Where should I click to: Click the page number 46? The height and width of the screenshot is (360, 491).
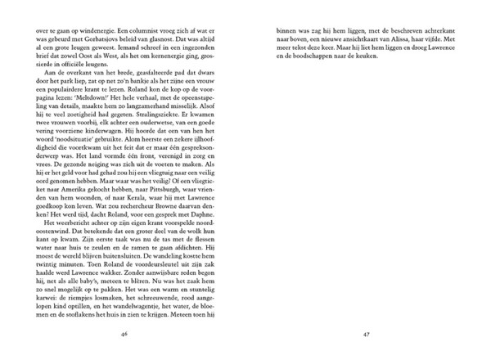point(123,334)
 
